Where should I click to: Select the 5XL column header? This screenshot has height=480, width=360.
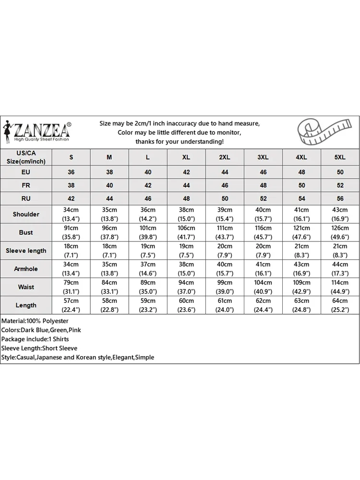(x=340, y=157)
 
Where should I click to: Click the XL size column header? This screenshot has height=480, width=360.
(x=186, y=157)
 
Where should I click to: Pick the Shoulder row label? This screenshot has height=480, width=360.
(x=26, y=214)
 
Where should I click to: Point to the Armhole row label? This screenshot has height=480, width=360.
(x=26, y=269)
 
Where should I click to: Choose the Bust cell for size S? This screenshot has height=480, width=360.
(x=72, y=232)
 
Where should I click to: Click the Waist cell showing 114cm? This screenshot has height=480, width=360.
(x=340, y=287)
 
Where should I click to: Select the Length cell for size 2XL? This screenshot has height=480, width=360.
(x=225, y=305)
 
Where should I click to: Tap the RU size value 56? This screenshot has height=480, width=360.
(x=340, y=198)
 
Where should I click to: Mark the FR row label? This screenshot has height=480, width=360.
(x=26, y=185)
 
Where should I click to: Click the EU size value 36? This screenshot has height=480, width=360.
(x=72, y=172)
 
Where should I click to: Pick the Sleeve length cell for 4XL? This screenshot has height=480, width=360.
(x=301, y=251)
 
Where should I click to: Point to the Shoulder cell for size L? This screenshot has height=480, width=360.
(x=148, y=214)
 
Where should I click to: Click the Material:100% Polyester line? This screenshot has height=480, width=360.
(x=35, y=321)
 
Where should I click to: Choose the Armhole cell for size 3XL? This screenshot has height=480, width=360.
(x=263, y=269)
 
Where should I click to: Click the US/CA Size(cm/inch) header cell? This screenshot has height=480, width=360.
(x=26, y=157)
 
